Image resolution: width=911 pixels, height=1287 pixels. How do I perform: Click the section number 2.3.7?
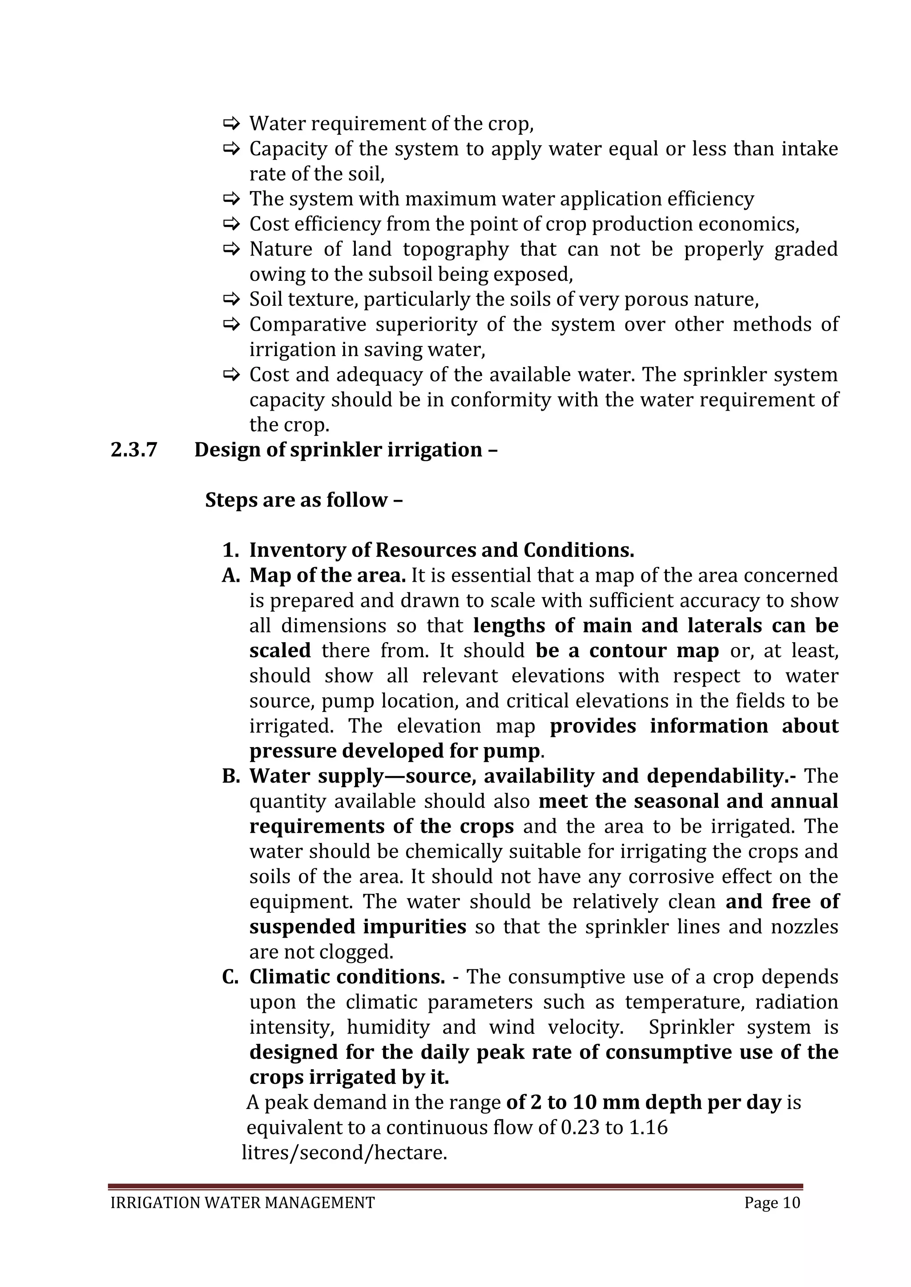pos(133,450)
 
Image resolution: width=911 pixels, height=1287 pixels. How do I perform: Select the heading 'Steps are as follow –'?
pos(303,500)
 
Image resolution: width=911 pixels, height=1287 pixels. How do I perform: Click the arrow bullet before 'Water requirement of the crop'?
pos(231,123)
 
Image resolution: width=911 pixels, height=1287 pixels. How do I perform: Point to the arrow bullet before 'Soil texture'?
pos(231,300)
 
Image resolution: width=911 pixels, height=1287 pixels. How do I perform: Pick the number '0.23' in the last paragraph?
pos(580,1128)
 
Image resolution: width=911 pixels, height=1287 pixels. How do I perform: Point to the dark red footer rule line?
pos(455,1186)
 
